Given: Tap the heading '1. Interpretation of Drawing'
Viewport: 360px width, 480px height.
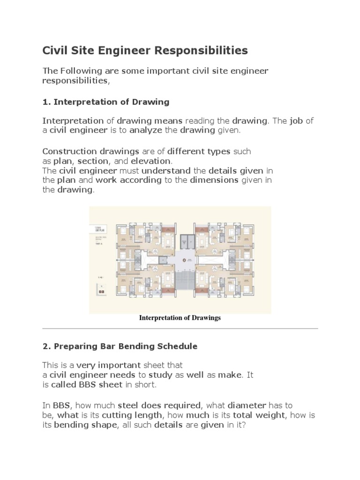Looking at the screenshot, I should click(x=106, y=102).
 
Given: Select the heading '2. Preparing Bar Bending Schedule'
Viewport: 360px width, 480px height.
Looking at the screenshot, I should click(x=120, y=346).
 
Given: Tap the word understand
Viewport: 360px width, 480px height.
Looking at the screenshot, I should click(x=166, y=171).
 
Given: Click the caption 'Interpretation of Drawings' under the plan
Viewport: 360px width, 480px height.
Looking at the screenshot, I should click(x=180, y=318).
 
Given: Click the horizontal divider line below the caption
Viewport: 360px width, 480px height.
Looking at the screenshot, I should click(x=180, y=328).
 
